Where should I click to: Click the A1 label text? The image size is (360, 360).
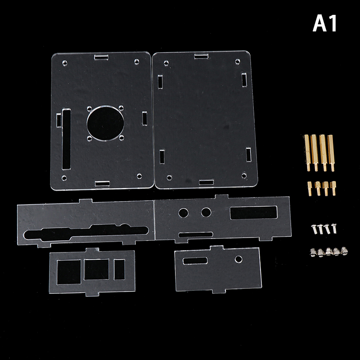[324, 23]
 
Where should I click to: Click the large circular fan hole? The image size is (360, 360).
[106, 123]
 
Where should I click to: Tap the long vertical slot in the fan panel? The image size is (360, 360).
[66, 139]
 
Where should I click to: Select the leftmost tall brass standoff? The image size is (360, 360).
[307, 153]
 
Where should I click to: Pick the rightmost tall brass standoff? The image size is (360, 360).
[331, 153]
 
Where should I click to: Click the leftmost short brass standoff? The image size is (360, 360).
[310, 189]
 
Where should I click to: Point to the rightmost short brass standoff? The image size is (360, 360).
[333, 188]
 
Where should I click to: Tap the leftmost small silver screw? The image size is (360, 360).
[314, 229]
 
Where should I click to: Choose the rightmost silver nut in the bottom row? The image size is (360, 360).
[344, 251]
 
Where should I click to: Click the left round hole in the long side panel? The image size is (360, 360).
[184, 213]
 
